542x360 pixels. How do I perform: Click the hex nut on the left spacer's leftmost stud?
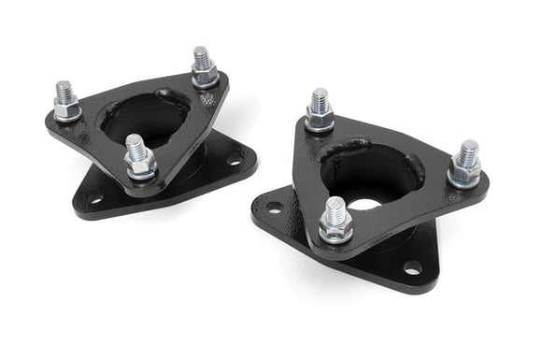point(66,109)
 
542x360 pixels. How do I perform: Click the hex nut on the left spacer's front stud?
point(140,166)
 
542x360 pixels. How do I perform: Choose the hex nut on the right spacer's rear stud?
point(320,117)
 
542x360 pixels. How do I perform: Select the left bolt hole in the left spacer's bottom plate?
point(94,198)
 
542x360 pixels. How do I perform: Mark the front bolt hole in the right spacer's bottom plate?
point(412,268)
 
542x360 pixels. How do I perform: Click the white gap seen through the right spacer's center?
point(368,203)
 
